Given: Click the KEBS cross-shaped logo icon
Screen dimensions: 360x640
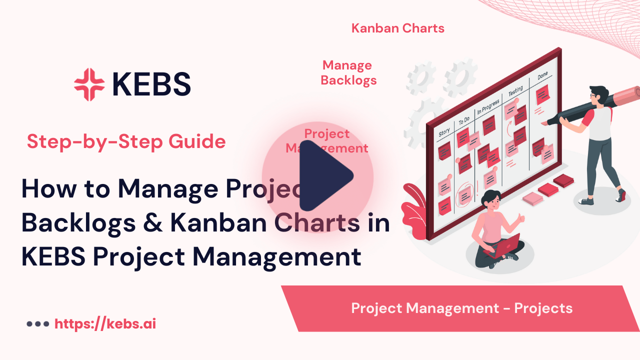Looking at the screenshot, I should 89,84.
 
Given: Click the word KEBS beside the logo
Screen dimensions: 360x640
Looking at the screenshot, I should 151,84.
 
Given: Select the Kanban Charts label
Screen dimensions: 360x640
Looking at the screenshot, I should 398,28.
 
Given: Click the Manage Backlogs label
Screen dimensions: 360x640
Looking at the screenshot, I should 348,72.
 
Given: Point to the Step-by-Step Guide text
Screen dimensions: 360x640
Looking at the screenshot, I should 126,142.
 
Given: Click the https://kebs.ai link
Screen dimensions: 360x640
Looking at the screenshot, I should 105,324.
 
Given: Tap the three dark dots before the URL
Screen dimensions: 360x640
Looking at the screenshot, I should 37,324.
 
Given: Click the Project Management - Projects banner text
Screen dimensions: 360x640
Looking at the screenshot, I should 461,308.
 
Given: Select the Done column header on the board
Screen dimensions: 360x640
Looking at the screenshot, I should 542,76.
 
